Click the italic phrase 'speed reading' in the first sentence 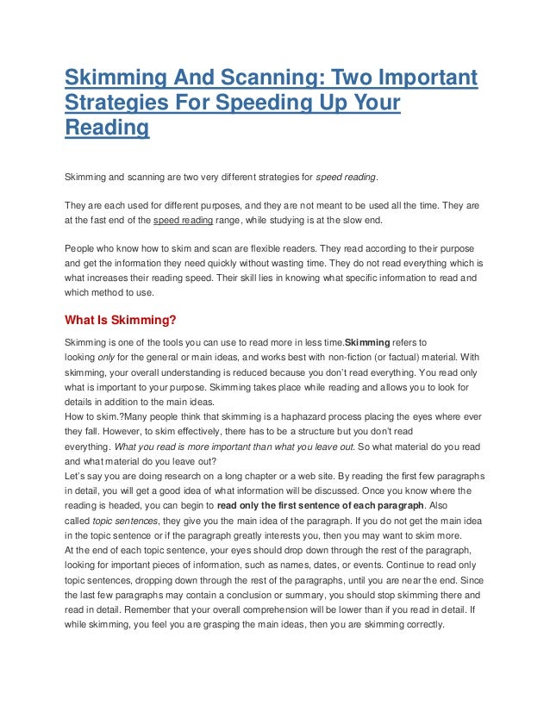346,178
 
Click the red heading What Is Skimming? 121,322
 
